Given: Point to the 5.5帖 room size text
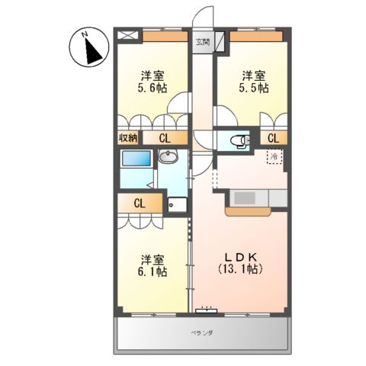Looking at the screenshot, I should (255, 88).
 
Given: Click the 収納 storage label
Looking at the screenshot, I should (127, 138).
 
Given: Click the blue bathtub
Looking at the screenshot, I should (136, 160).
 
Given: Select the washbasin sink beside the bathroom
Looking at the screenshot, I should (169, 158).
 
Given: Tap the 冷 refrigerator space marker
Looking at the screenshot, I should (272, 156).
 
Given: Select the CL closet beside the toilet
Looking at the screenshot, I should (272, 138).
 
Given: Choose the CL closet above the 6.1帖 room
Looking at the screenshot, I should (140, 204).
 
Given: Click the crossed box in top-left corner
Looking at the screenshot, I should (127, 35).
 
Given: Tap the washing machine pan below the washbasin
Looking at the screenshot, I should (176, 204).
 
